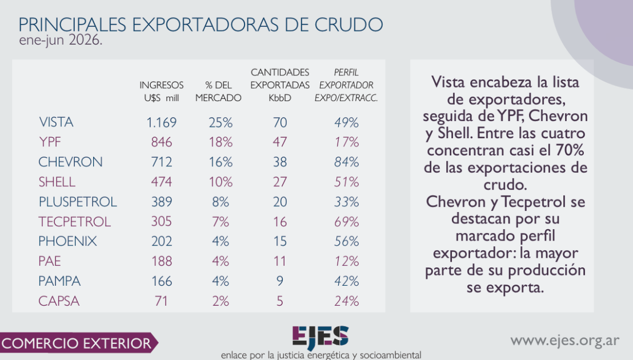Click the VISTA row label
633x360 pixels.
pyautogui.click(x=56, y=122)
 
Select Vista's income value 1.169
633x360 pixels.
pyautogui.click(x=162, y=122)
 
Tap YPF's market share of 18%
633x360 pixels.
pyautogui.click(x=221, y=142)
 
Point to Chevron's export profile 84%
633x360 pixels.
pyautogui.click(x=346, y=162)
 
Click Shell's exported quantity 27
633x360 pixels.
pyautogui.click(x=280, y=182)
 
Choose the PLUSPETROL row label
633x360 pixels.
pyautogui.click(x=78, y=201)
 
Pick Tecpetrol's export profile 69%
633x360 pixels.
pyautogui.click(x=346, y=222)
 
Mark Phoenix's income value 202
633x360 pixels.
pyautogui.click(x=162, y=241)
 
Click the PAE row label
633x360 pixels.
pyautogui.click(x=50, y=261)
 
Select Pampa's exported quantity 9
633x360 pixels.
pyautogui.click(x=280, y=281)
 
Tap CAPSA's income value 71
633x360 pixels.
pyautogui.click(x=162, y=301)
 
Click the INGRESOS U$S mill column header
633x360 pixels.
pyautogui.click(x=162, y=91)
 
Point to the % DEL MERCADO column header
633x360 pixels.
pyautogui.click(x=218, y=91)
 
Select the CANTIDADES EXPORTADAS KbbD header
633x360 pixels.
pyautogui.click(x=280, y=85)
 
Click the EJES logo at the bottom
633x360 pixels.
pyautogui.click(x=320, y=337)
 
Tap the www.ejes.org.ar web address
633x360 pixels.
pyautogui.click(x=565, y=341)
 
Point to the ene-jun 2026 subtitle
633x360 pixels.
pyautogui.click(x=61, y=41)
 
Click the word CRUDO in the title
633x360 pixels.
pyautogui.click(x=349, y=25)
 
